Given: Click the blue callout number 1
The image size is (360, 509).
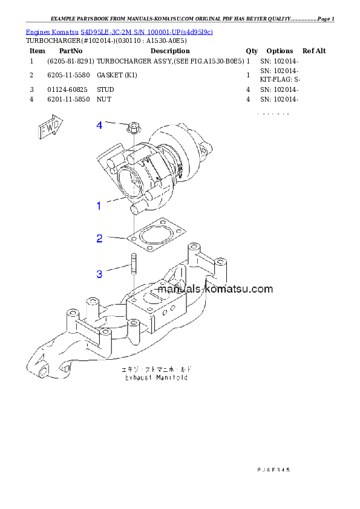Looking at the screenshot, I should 99,206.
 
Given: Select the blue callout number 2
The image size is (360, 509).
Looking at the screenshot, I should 99,238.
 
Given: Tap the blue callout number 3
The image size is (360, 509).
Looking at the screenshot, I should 99,274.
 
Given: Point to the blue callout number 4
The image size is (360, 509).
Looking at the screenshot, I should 99,125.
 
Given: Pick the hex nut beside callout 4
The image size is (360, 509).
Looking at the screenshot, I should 133,128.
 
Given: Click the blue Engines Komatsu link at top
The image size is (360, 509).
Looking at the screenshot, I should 119,31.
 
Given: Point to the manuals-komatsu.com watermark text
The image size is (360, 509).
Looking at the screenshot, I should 215,289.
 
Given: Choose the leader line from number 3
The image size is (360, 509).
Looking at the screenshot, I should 117,269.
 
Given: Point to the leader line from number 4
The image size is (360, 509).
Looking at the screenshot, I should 116,124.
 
